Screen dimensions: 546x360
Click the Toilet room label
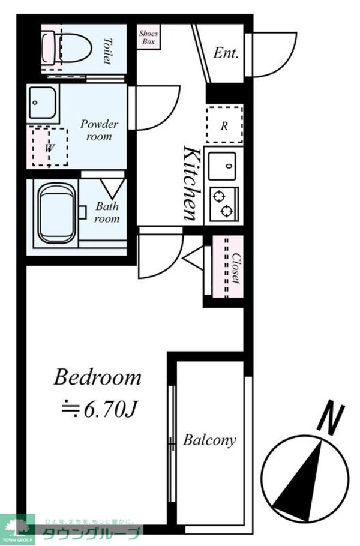click(107, 50)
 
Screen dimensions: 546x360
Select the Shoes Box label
click(148, 38)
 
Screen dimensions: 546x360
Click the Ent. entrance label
click(226, 53)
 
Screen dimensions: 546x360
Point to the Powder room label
click(100, 130)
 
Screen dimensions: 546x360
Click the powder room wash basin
click(42, 103)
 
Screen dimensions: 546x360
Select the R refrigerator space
click(224, 125)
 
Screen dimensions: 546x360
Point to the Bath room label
click(107, 212)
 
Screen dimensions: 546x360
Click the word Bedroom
click(97, 378)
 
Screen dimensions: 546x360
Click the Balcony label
click(209, 440)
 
